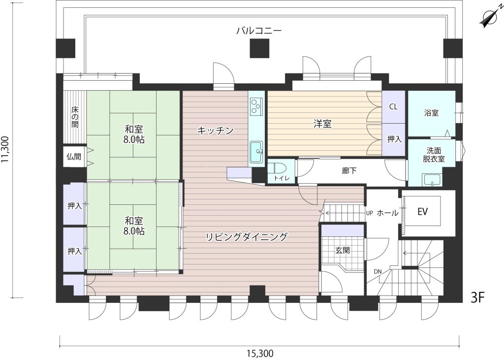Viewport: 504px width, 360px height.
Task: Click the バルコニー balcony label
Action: coord(259,31)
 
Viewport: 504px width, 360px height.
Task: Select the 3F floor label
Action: coord(477,298)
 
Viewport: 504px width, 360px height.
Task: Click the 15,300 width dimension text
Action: coord(260,354)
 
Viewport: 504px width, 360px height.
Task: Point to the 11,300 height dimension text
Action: coord(6,150)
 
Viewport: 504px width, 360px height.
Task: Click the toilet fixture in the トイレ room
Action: coord(274,168)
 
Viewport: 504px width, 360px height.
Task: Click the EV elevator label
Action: coord(422,212)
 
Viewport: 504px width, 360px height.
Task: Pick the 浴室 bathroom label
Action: coord(431,113)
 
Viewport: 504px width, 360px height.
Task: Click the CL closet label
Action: coord(393,106)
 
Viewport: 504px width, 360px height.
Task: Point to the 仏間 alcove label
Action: coord(74,157)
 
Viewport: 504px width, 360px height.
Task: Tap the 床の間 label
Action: coord(75,116)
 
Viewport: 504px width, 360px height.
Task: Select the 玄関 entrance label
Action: coord(343,250)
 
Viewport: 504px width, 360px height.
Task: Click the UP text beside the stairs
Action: coord(369,213)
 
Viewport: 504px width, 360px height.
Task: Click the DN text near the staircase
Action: coord(378,271)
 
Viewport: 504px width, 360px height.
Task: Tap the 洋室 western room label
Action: coord(322,124)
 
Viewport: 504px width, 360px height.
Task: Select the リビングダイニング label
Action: coord(246,237)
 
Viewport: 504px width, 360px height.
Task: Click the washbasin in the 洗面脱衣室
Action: coord(432,180)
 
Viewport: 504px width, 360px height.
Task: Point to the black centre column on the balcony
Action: coord(260,48)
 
